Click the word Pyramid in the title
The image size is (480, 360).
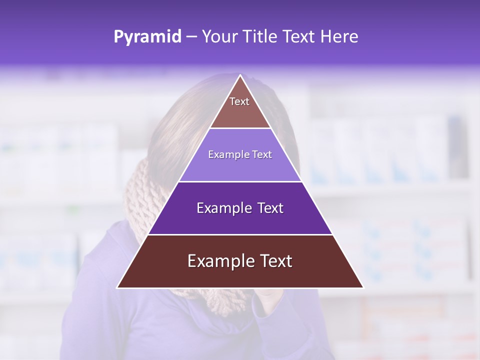point(147,37)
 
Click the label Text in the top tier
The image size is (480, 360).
point(239,101)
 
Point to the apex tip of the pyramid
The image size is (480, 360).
point(240,76)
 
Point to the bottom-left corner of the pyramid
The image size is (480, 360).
point(117,287)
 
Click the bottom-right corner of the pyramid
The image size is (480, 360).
point(363,287)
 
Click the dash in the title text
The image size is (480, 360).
point(191,37)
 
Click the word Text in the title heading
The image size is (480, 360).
point(299,36)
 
